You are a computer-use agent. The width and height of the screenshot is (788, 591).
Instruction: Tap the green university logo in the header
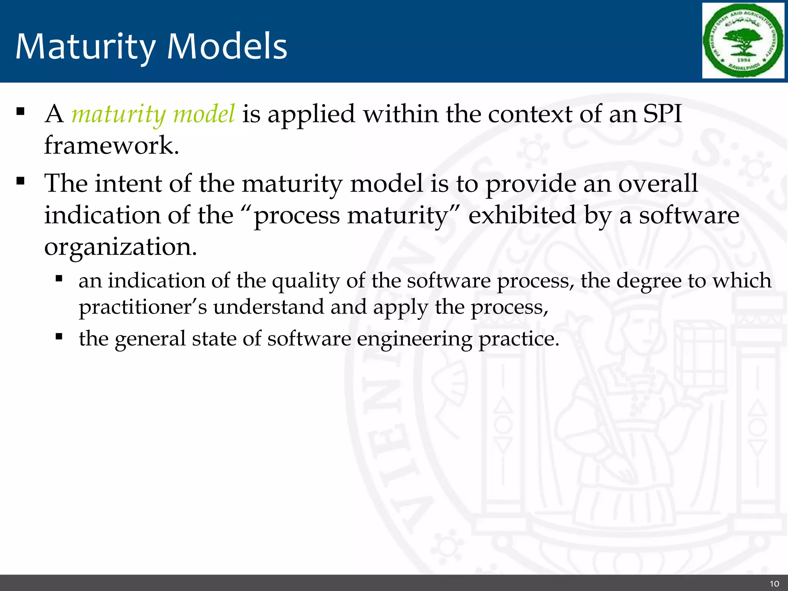pos(743,40)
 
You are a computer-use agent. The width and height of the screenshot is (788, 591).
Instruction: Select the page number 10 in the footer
pos(774,583)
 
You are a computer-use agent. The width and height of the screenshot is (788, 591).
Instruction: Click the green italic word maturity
pos(118,114)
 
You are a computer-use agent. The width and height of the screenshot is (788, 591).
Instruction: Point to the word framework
pos(112,145)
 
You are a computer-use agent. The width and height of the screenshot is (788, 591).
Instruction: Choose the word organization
pos(120,247)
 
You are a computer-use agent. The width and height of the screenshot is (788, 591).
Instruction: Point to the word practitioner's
pos(143,307)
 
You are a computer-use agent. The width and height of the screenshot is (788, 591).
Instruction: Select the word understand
pos(269,307)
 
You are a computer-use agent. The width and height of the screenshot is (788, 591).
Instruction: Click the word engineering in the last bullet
pos(414,339)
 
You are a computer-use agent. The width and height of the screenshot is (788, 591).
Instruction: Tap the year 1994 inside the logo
pos(743,60)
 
